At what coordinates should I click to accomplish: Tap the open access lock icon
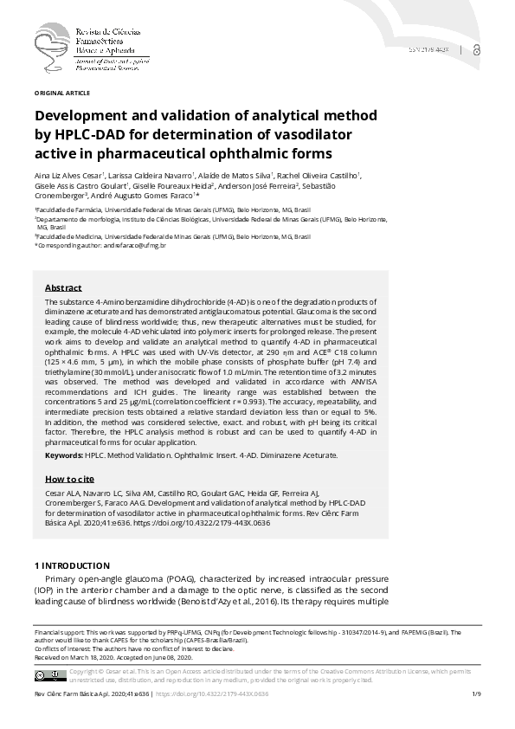pos(479,52)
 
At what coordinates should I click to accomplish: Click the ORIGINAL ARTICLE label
pos(61,92)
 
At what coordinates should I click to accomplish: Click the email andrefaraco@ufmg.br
pos(137,246)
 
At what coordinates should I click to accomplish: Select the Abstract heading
pos(63,287)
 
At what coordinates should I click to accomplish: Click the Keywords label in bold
pos(64,455)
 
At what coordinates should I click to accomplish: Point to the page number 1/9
pos(476,694)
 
